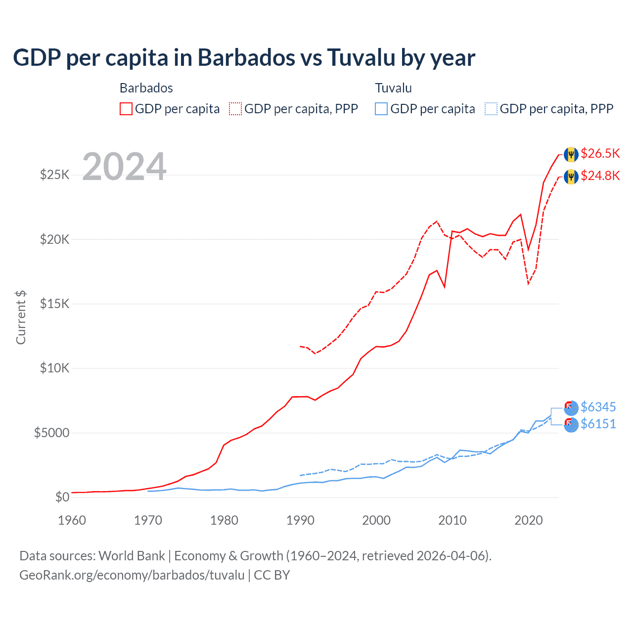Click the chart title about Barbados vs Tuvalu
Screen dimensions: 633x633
[244, 58]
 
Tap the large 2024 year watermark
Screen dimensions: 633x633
[124, 167]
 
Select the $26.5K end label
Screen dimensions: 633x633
[600, 154]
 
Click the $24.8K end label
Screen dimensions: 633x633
[600, 176]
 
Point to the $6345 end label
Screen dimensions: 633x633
[598, 407]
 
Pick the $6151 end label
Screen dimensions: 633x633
[598, 424]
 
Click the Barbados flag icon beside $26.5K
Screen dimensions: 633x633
[571, 154]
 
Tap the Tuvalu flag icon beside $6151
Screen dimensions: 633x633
[571, 424]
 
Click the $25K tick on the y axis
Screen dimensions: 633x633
[54, 175]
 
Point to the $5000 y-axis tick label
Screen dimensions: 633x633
[51, 433]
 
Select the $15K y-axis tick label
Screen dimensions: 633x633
[54, 304]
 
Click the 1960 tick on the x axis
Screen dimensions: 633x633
[72, 520]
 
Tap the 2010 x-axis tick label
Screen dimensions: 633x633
[452, 520]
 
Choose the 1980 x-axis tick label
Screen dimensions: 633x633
[224, 520]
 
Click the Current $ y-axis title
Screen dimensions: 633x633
[21, 317]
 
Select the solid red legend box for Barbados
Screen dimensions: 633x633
[126, 109]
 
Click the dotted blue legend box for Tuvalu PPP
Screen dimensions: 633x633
[491, 109]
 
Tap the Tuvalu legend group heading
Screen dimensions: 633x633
[393, 88]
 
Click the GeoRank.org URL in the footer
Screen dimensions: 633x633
[132, 575]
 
